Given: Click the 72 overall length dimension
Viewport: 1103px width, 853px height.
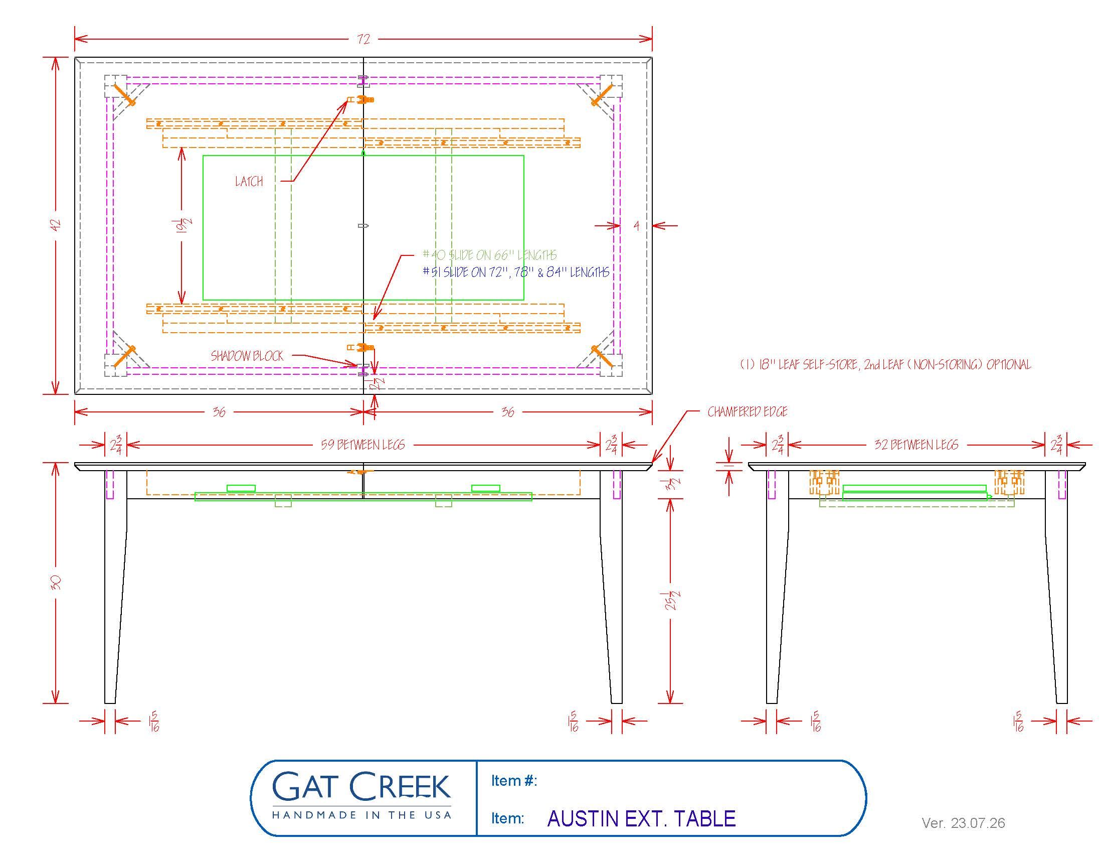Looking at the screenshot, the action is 363,39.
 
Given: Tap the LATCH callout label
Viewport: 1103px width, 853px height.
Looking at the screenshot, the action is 249,182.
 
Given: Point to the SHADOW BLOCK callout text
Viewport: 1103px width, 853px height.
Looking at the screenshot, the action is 247,356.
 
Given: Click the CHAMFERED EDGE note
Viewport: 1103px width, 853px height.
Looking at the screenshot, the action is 748,412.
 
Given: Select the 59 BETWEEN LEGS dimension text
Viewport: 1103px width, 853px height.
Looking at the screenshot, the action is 363,445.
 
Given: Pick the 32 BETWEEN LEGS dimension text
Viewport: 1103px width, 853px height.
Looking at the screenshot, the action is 916,445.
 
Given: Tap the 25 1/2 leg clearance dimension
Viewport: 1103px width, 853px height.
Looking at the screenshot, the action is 671,600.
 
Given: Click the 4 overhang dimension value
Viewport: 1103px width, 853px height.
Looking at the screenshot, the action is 637,226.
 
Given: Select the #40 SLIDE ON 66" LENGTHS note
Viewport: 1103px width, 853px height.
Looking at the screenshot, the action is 490,255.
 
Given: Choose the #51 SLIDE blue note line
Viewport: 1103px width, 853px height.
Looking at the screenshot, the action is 516,272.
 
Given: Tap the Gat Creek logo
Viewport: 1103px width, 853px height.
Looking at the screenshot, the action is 361,797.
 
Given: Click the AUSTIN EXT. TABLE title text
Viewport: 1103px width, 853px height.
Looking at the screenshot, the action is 641,819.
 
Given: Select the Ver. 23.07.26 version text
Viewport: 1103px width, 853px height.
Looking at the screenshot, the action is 963,823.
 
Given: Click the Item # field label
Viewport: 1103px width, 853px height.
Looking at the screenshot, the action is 514,781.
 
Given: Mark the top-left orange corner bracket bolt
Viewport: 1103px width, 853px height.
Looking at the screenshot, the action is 124,94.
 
